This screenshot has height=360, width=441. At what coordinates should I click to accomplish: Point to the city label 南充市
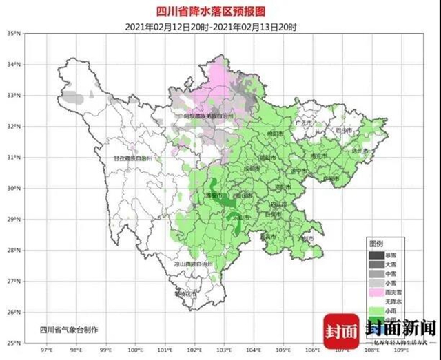tap(318, 157)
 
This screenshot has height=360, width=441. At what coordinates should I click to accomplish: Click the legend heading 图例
tap(376, 244)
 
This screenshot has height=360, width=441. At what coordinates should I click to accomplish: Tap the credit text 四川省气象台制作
tap(69, 329)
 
